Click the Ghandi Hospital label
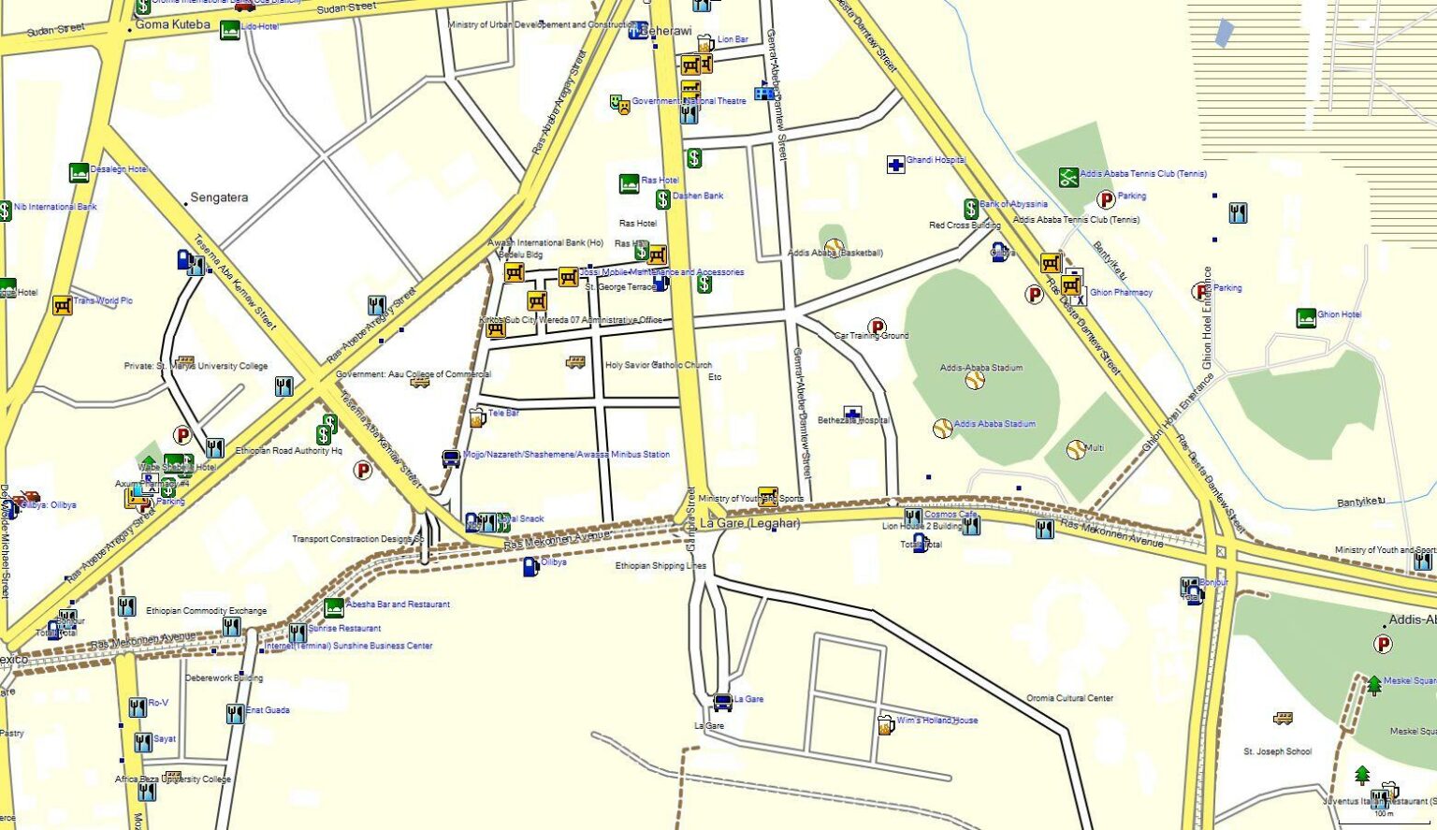[x=935, y=160]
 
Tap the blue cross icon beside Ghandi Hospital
[x=895, y=165]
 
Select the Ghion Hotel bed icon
[x=1306, y=318]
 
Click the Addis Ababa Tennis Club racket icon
[x=1068, y=177]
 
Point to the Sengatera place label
[x=219, y=197]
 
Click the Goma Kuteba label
[x=172, y=24]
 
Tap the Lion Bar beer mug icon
[x=704, y=43]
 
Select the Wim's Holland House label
[x=936, y=721]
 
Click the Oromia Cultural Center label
[x=1069, y=698]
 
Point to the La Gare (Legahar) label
[x=749, y=524]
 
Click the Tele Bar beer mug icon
[x=476, y=417]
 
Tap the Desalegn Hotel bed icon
[x=80, y=172]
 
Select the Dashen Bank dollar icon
[x=662, y=199]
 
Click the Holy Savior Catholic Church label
[x=658, y=365]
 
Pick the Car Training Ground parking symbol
[x=877, y=327]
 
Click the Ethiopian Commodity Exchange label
[x=206, y=611]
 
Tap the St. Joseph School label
[x=1277, y=751]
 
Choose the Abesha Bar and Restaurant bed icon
[x=334, y=608]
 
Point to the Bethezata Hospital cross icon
[x=851, y=414]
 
